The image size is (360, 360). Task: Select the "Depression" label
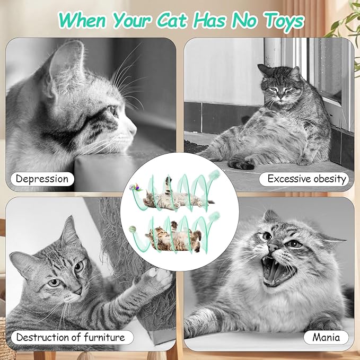(x=42, y=179)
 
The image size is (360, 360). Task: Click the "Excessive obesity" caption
(x=306, y=179)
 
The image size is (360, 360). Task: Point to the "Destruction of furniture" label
(x=71, y=337)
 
